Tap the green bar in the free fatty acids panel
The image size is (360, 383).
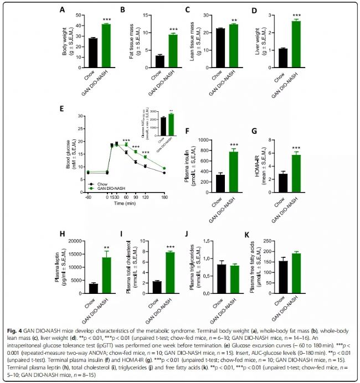pyautogui.click(x=296, y=272)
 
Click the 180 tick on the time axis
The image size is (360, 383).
pyautogui.click(x=164, y=198)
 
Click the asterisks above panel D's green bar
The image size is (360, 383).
pyautogui.click(x=296, y=15)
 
